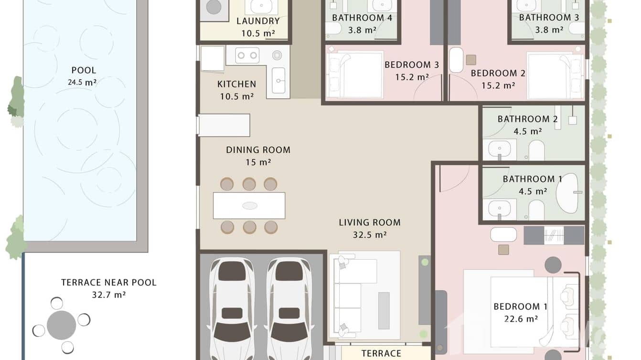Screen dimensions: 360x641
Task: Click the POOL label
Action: pos(84,71)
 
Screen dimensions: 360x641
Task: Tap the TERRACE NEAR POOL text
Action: pos(108,283)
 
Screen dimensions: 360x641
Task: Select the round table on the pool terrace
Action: pos(61,325)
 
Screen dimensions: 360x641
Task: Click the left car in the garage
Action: pos(232,306)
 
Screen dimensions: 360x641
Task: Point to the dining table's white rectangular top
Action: pos(249,205)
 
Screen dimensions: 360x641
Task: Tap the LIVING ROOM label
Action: pos(369,222)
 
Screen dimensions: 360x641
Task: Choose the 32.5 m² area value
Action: pos(369,235)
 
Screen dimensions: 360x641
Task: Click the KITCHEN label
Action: pos(236,84)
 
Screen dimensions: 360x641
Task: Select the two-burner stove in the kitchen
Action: pos(247,55)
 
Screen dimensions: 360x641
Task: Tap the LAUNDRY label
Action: pos(258,21)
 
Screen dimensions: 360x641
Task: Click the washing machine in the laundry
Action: pos(214,8)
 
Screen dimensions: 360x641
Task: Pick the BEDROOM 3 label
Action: pos(411,65)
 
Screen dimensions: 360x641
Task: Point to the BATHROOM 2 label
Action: pos(527,119)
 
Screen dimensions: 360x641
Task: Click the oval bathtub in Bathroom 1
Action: pos(567,192)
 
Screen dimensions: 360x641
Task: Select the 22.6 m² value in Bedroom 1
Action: pos(520,319)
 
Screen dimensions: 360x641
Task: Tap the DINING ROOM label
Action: pos(258,150)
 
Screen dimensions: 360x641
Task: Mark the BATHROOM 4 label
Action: pos(362,18)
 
